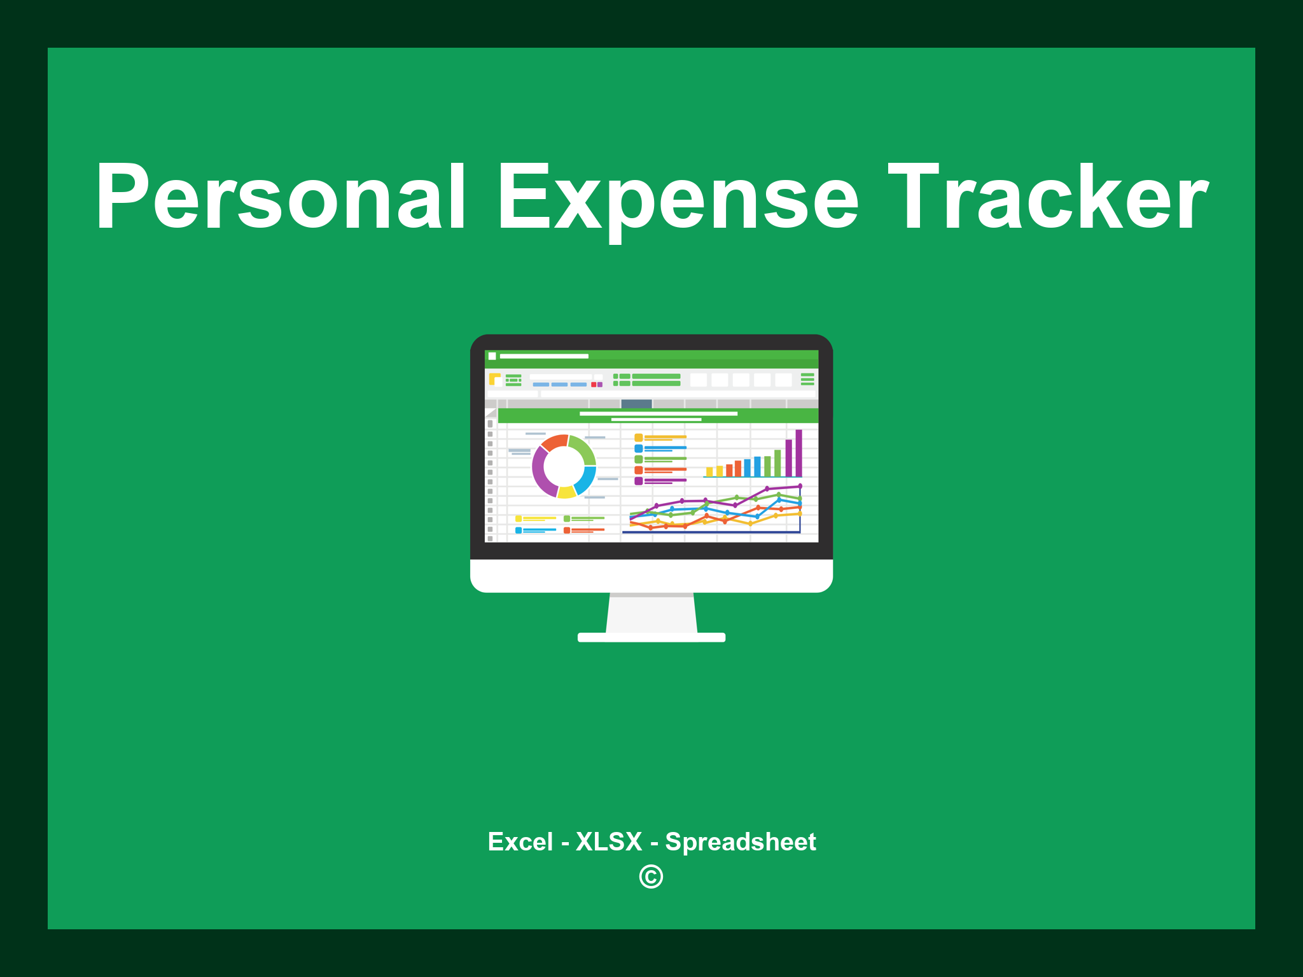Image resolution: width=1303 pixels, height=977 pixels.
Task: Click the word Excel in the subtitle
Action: point(520,842)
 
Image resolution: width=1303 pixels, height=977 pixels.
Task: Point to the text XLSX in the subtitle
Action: point(609,842)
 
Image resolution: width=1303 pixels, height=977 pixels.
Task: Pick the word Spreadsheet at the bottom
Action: point(741,843)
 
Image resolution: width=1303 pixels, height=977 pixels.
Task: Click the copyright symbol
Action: point(651,877)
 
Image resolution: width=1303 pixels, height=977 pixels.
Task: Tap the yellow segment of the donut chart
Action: point(566,492)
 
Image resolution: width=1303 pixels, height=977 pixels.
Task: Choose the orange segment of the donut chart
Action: point(554,442)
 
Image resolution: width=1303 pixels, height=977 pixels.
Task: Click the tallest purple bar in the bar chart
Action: point(798,453)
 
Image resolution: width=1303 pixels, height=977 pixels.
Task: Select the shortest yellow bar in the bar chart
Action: point(709,472)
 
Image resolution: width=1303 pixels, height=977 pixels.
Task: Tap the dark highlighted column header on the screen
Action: point(636,404)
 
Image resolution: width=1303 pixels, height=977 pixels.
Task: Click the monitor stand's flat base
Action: point(651,637)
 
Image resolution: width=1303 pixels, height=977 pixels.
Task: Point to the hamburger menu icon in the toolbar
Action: point(807,379)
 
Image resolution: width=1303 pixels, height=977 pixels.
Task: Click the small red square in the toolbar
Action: point(594,385)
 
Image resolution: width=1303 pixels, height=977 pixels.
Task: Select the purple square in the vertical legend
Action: point(639,481)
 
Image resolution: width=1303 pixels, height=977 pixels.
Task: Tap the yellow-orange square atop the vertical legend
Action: point(639,438)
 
